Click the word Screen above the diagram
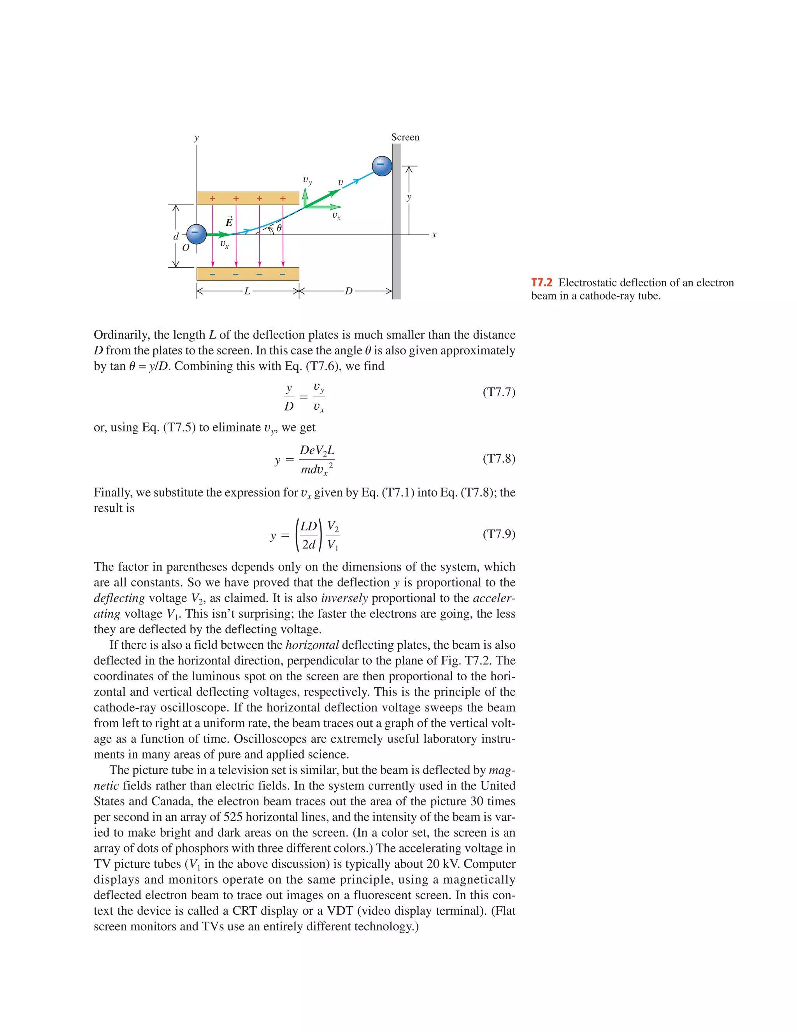405,137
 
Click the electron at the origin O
197,234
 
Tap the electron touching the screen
381,166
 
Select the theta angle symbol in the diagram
279,228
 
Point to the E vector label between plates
229,222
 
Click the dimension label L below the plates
247,291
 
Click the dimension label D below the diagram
348,291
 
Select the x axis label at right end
434,234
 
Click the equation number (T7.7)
499,392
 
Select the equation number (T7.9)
499,534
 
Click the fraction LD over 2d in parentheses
309,535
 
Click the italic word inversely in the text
344,598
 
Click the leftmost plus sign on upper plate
212,199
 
